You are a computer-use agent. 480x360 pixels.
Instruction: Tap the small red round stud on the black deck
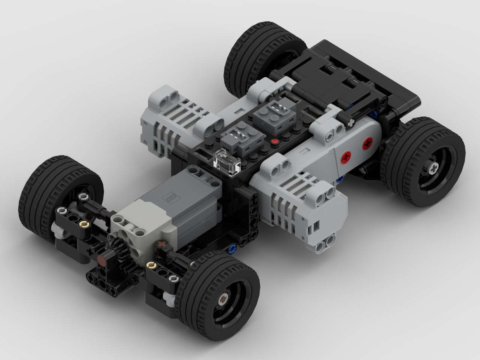point(275,142)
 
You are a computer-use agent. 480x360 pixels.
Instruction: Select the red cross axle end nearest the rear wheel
point(368,142)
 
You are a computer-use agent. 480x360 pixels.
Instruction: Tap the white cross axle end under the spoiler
point(349,123)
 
